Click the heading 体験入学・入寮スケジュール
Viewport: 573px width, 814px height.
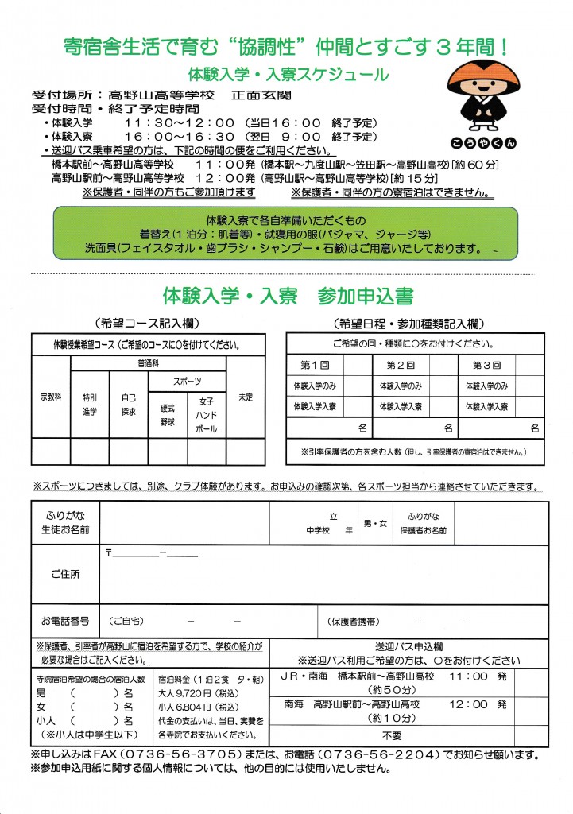click(x=288, y=76)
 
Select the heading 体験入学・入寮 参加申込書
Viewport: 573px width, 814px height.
click(x=287, y=297)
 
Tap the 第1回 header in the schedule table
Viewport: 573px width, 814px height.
click(x=313, y=365)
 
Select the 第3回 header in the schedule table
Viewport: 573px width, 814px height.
click(x=486, y=365)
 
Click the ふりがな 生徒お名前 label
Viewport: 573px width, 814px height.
click(x=64, y=523)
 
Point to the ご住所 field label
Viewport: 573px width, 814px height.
click(x=64, y=574)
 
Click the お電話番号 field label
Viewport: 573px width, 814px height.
click(x=64, y=619)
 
